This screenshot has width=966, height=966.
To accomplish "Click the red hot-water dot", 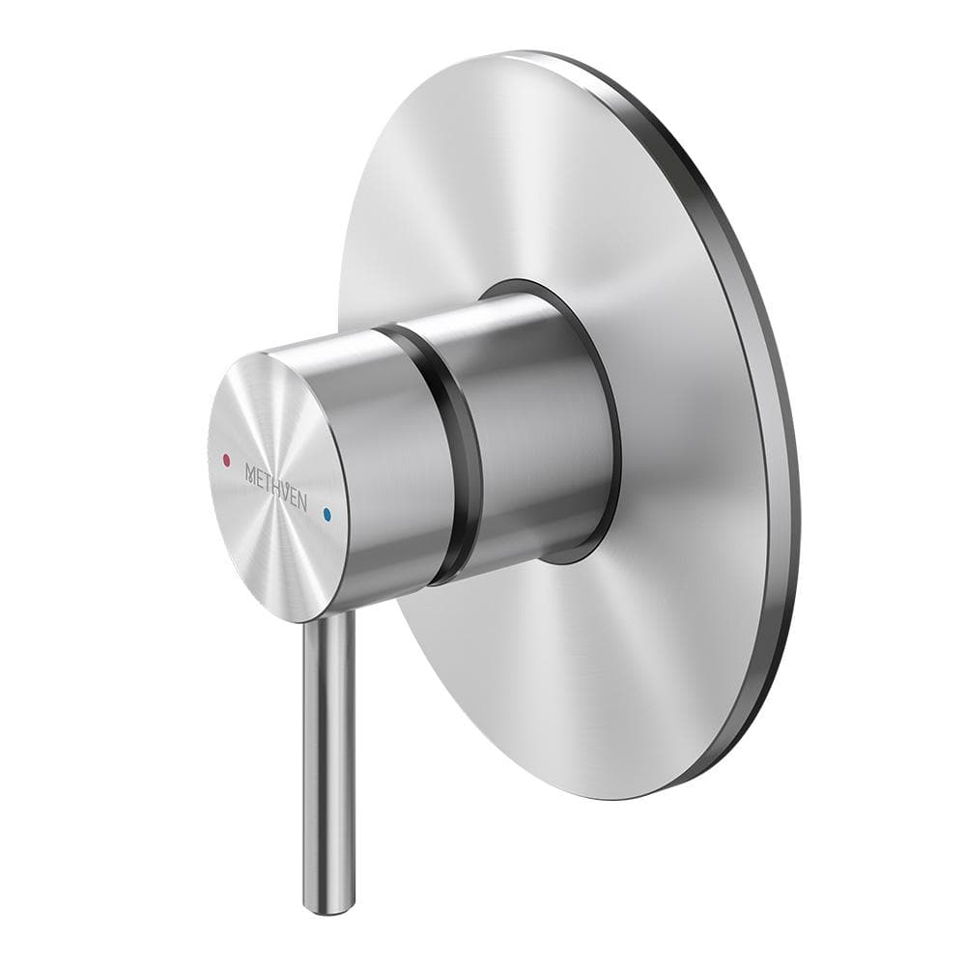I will [226, 461].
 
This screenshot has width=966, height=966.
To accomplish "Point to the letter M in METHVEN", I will [250, 471].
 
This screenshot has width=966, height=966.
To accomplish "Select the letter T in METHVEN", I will [269, 481].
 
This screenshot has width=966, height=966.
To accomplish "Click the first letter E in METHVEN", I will [260, 476].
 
